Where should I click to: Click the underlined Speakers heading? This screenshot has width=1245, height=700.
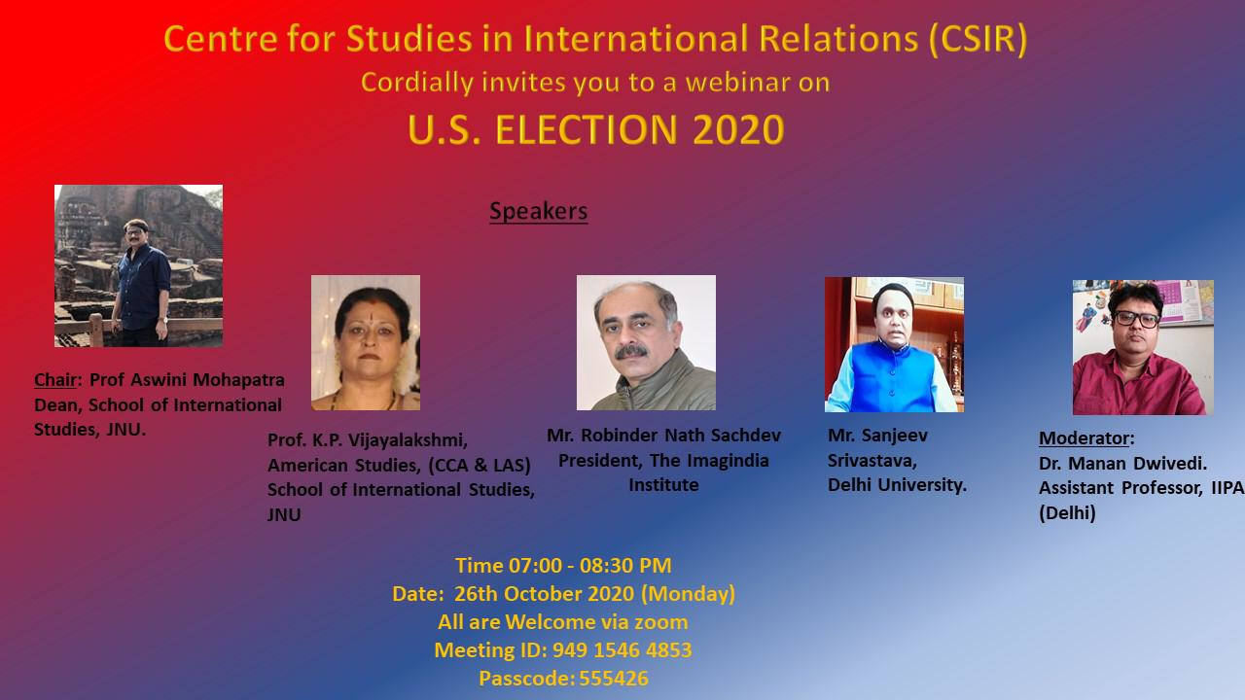tap(538, 212)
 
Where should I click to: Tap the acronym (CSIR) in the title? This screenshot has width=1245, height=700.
tap(978, 39)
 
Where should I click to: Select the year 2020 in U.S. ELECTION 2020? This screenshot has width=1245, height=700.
tap(738, 130)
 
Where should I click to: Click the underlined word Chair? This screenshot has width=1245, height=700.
tap(55, 380)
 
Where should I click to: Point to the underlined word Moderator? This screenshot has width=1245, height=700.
tap(1084, 438)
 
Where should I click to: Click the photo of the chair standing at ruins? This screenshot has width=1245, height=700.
tap(138, 266)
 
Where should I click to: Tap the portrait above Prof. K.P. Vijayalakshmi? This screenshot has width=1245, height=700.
tap(366, 343)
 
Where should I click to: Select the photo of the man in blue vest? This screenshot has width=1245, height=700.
tap(894, 344)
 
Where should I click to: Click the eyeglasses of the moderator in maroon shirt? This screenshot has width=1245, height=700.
tap(1137, 319)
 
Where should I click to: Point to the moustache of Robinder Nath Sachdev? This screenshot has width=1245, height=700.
tap(631, 351)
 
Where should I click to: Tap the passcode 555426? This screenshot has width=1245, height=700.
tap(614, 679)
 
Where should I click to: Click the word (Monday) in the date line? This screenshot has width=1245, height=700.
tap(688, 594)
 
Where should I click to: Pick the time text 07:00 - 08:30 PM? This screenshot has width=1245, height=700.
tap(589, 566)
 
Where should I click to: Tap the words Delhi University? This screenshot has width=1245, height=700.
tap(897, 485)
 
